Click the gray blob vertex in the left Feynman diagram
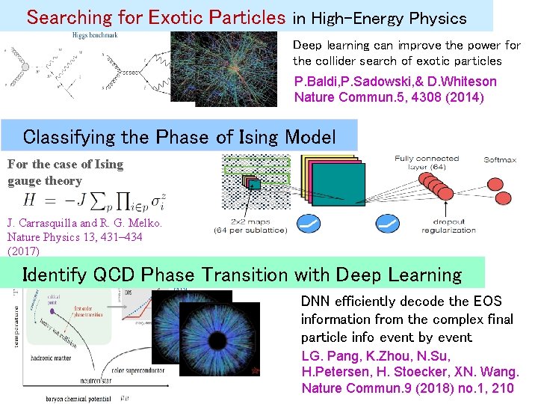[24, 67]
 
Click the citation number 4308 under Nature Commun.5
[419, 97]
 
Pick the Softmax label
[500, 159]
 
